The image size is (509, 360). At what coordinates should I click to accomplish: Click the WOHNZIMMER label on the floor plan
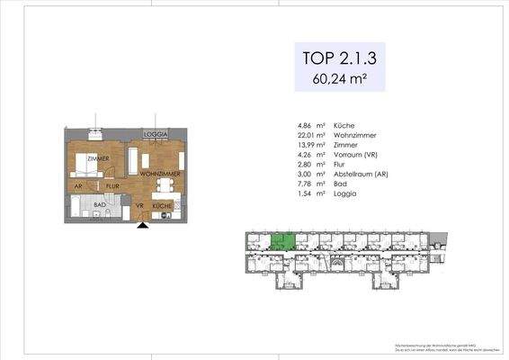pyautogui.click(x=161, y=173)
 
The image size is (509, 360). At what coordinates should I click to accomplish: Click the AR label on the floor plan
pyautogui.click(x=78, y=187)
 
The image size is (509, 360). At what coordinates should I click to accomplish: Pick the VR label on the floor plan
pyautogui.click(x=139, y=206)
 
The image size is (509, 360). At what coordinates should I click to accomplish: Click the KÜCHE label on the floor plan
pyautogui.click(x=162, y=206)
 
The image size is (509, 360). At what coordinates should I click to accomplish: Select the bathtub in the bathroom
pyautogui.click(x=81, y=214)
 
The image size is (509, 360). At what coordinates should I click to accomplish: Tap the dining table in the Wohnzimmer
pyautogui.click(x=164, y=187)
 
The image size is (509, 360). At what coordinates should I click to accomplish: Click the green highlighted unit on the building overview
pyautogui.click(x=283, y=242)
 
